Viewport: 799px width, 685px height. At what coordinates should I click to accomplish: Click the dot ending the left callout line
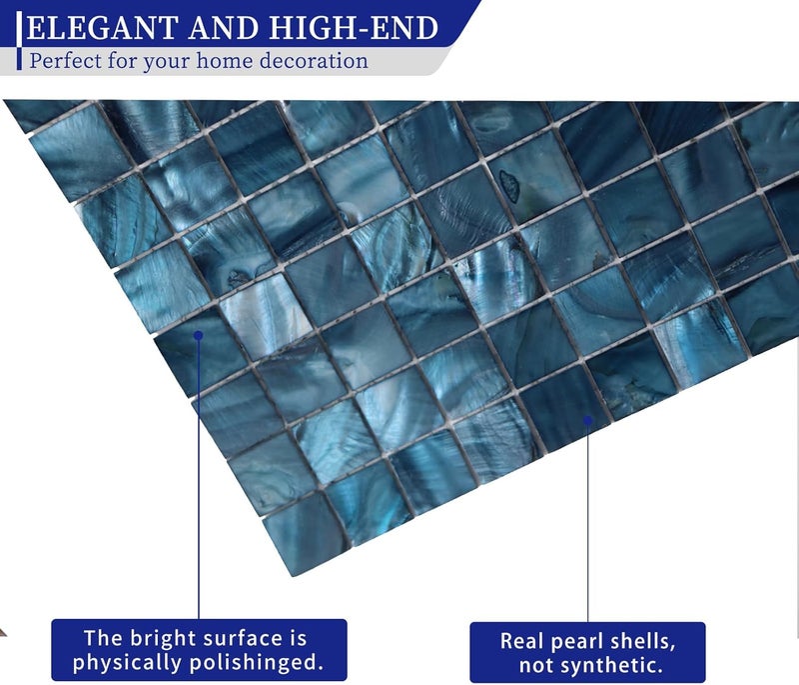[199, 336]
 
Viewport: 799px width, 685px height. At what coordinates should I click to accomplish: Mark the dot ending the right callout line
[587, 421]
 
